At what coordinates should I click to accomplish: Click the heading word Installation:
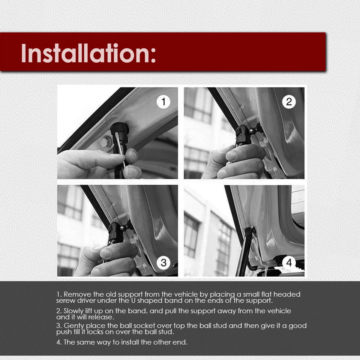tap(88, 53)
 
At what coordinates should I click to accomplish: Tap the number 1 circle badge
tap(163, 102)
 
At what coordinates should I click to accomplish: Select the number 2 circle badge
tap(289, 102)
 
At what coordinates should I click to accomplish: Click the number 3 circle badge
tap(163, 262)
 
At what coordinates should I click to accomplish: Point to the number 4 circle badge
tap(289, 262)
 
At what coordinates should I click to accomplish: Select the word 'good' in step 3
tap(298, 325)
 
